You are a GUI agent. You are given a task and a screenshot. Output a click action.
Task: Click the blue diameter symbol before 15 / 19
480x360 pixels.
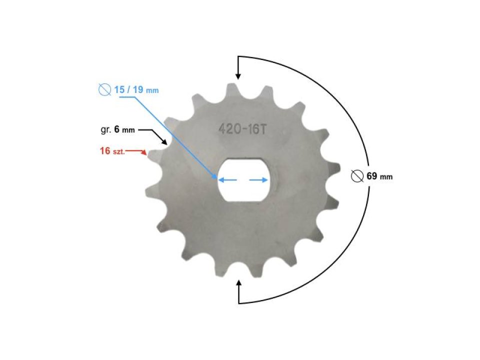(x=104, y=90)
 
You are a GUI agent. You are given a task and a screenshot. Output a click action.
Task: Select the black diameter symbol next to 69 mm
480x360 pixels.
(x=357, y=176)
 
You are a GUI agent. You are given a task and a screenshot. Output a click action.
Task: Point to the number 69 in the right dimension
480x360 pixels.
(x=371, y=176)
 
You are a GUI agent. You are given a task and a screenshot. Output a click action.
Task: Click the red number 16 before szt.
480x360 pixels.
(x=105, y=150)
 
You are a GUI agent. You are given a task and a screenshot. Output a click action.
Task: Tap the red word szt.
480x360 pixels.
(x=118, y=151)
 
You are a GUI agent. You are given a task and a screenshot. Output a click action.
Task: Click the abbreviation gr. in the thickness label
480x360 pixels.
(x=105, y=130)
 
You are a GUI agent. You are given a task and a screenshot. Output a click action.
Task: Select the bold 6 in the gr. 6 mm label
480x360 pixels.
(x=116, y=130)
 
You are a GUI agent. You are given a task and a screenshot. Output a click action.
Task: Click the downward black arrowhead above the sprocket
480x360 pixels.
(x=238, y=75)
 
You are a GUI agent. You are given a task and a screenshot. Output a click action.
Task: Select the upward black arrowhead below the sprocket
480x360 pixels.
(x=238, y=284)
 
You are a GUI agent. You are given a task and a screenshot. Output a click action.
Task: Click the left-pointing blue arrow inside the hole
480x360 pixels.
(x=224, y=179)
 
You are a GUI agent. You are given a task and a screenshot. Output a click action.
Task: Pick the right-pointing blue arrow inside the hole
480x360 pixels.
(x=263, y=179)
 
